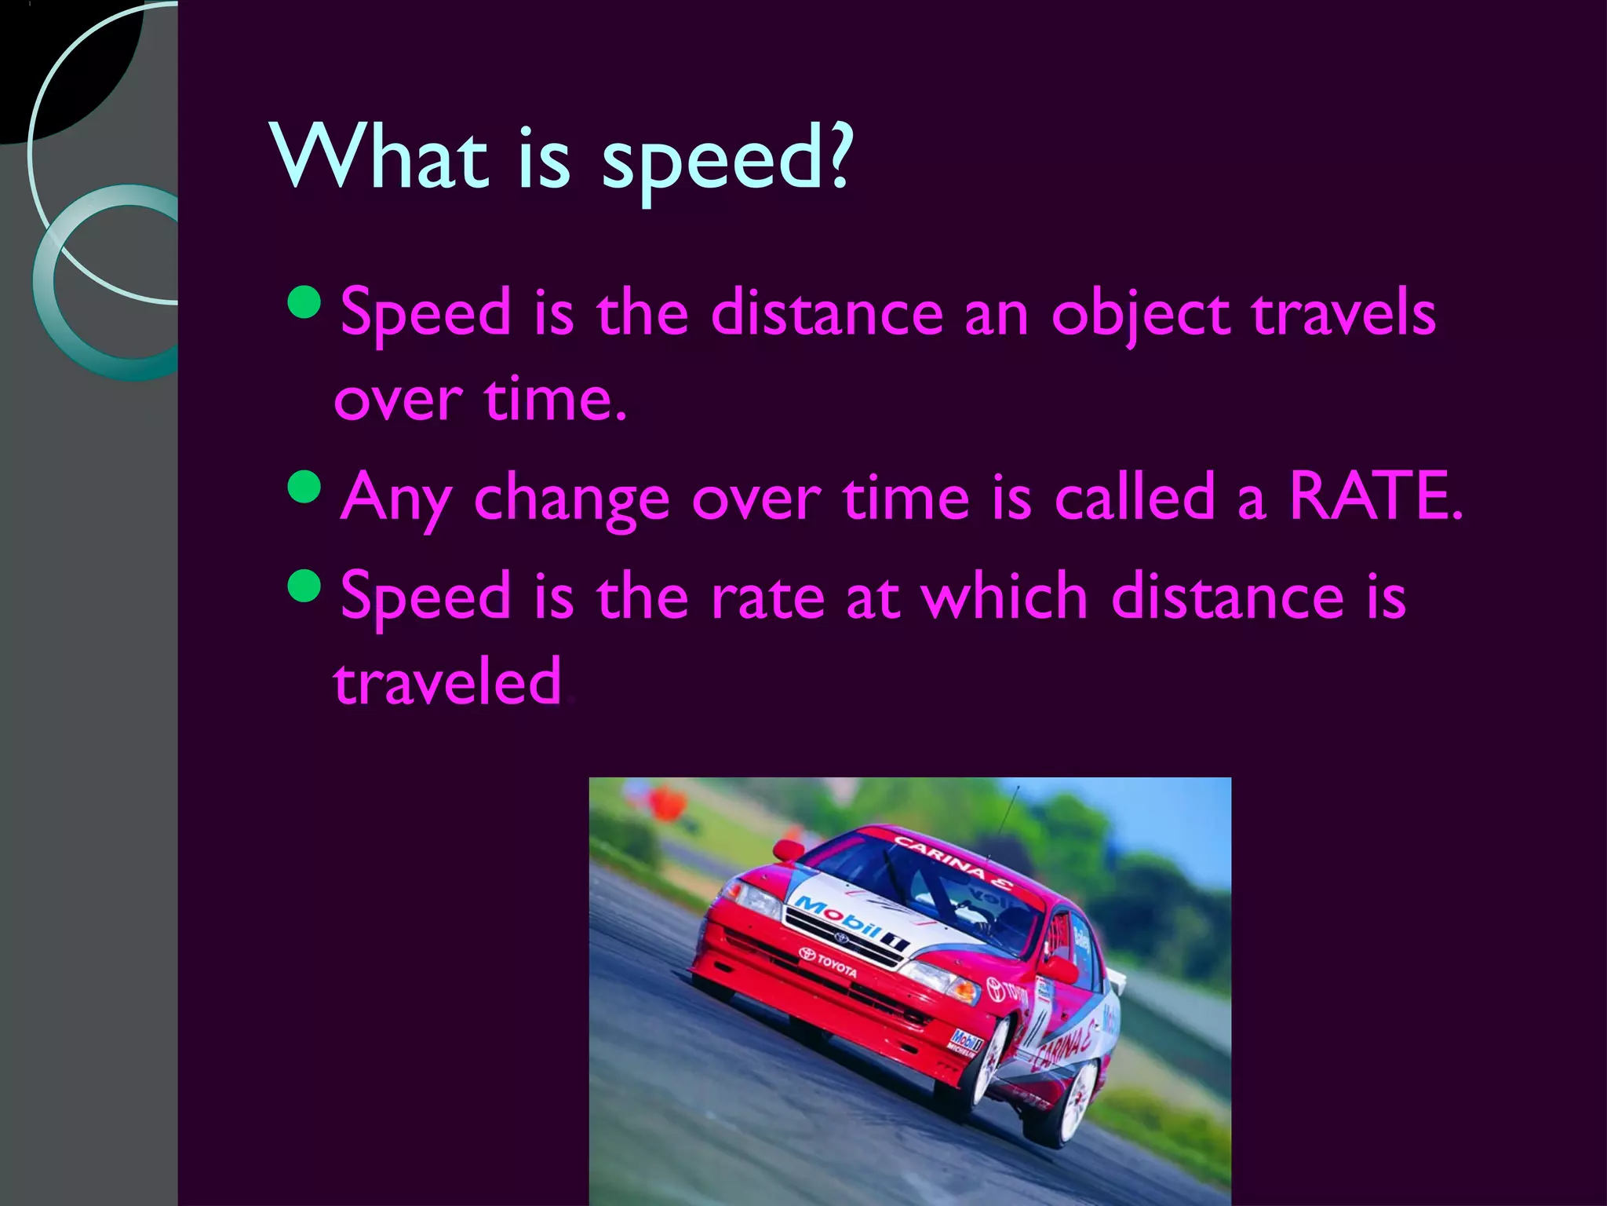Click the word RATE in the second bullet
tap(1375, 496)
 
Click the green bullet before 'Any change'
tap(304, 488)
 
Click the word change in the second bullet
tap(571, 500)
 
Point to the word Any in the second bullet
tap(396, 500)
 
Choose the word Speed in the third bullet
tap(426, 597)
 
